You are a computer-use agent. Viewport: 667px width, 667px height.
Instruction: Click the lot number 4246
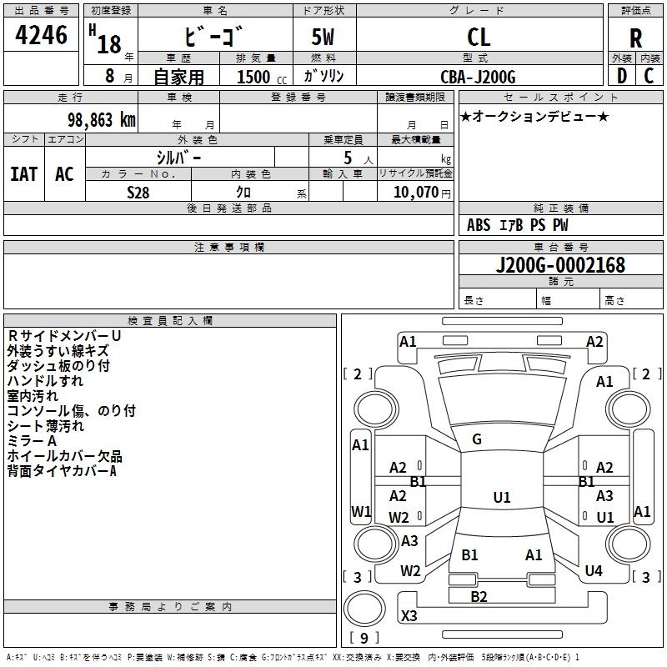point(42,36)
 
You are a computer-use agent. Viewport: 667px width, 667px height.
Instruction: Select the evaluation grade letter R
point(635,38)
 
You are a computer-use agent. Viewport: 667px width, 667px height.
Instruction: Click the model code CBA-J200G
point(478,77)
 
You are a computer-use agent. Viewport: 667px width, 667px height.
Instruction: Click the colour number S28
point(138,192)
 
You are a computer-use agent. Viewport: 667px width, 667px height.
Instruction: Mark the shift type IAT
point(23,174)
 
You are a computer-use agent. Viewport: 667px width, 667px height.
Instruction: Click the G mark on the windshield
point(477,439)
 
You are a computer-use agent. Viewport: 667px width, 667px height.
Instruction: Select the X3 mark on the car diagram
point(409,616)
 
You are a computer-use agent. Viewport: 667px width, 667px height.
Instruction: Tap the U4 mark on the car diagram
point(594,571)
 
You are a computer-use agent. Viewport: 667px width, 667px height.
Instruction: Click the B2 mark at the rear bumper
point(479,596)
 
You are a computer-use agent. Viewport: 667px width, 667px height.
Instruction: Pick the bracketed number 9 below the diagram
point(364,638)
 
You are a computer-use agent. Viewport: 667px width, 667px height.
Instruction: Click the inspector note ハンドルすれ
point(45,380)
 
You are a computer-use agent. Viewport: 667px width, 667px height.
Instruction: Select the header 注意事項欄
point(228,248)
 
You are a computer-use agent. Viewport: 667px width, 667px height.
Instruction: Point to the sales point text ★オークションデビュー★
point(534,116)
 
